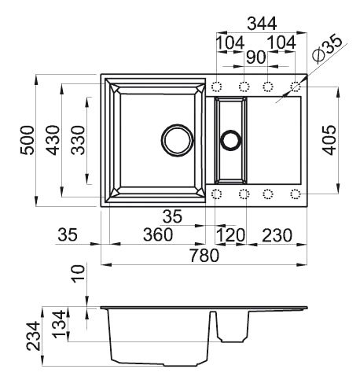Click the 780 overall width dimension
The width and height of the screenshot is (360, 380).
(205, 255)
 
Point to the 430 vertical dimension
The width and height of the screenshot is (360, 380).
(53, 141)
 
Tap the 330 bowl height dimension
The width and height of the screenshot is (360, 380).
(79, 141)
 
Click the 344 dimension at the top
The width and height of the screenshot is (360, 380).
(260, 23)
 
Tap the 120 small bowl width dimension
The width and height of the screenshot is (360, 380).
(231, 234)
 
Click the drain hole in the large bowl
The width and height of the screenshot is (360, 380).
(176, 140)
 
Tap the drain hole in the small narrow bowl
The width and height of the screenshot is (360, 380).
(230, 140)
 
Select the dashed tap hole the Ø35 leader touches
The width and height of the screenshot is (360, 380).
(296, 86)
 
